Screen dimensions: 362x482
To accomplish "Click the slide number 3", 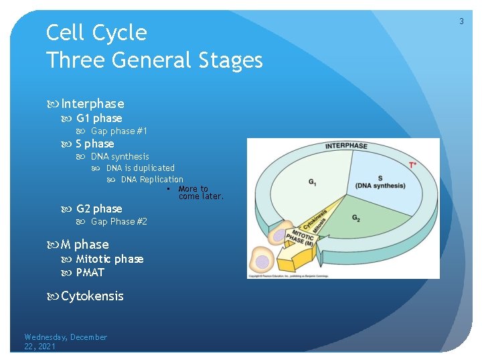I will [461, 21].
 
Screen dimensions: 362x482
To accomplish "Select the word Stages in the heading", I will [227, 60].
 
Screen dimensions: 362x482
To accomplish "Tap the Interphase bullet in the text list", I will [92, 104].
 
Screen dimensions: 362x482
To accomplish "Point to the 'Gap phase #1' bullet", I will [118, 131].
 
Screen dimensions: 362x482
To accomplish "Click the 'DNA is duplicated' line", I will [140, 168].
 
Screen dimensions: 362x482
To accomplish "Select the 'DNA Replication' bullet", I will [152, 180].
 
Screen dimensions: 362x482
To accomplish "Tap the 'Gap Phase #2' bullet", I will [118, 222].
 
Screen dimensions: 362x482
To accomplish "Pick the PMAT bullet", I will [90, 273].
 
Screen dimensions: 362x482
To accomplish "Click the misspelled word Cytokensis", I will [92, 296].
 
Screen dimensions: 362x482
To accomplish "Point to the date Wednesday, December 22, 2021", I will [65, 341].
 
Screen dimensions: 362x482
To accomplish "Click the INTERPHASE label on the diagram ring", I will [346, 146].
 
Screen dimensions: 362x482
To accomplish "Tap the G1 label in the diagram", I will [313, 182].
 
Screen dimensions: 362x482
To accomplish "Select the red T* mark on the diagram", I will [412, 165].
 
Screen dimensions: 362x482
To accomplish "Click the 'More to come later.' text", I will [200, 193].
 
